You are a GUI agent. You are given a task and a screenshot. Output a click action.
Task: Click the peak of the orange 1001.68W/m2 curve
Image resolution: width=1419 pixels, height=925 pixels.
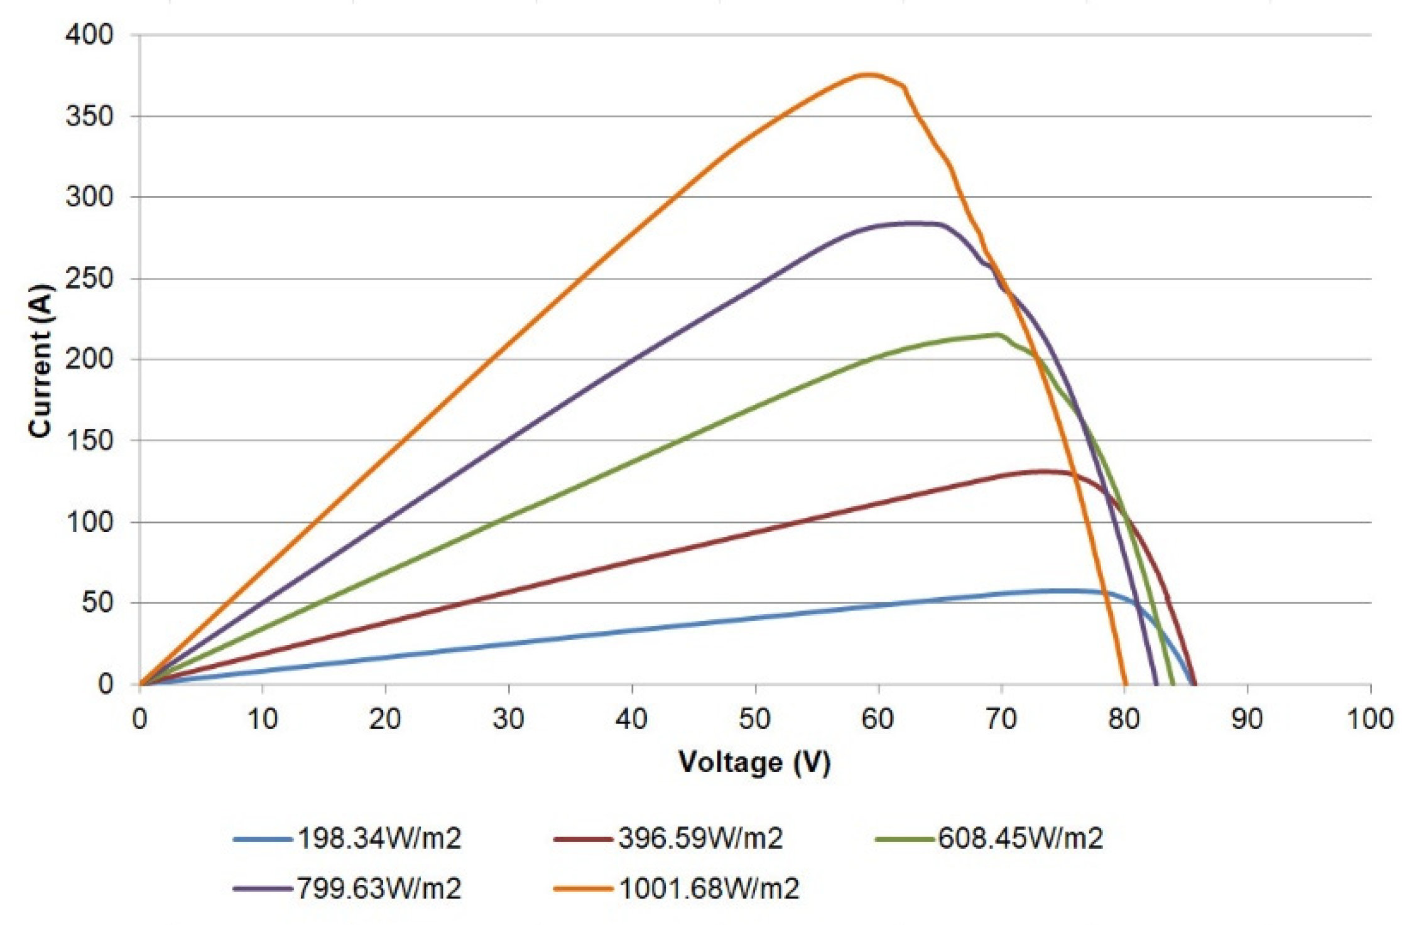(x=867, y=74)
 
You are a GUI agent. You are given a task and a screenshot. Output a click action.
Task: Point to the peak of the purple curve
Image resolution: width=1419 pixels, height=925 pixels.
(x=911, y=223)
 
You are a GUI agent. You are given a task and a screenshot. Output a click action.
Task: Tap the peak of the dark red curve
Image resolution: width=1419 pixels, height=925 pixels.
(x=1043, y=471)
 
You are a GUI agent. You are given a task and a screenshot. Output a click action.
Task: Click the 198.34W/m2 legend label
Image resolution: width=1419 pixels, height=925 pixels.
(x=379, y=838)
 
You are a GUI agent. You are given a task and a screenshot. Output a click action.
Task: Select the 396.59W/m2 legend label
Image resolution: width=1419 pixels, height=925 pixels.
(x=700, y=838)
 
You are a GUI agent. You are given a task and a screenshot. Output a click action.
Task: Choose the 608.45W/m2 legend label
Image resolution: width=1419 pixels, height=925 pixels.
(x=1021, y=838)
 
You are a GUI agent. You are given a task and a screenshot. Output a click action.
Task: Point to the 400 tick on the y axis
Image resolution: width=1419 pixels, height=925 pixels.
(x=89, y=35)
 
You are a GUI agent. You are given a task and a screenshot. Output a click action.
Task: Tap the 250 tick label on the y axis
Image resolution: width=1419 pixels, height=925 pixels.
(x=89, y=278)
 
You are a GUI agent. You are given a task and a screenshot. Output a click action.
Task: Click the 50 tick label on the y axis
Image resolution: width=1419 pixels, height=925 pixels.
(x=97, y=603)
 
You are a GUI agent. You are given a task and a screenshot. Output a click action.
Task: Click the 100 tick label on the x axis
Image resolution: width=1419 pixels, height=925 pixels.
(x=1370, y=719)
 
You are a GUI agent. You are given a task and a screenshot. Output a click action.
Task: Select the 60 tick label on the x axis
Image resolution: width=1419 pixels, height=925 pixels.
(x=878, y=719)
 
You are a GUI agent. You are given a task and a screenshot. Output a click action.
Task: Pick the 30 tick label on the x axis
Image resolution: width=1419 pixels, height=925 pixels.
(x=508, y=719)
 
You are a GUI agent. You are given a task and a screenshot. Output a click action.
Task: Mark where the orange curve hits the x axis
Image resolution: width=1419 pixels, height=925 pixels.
(x=1125, y=684)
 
